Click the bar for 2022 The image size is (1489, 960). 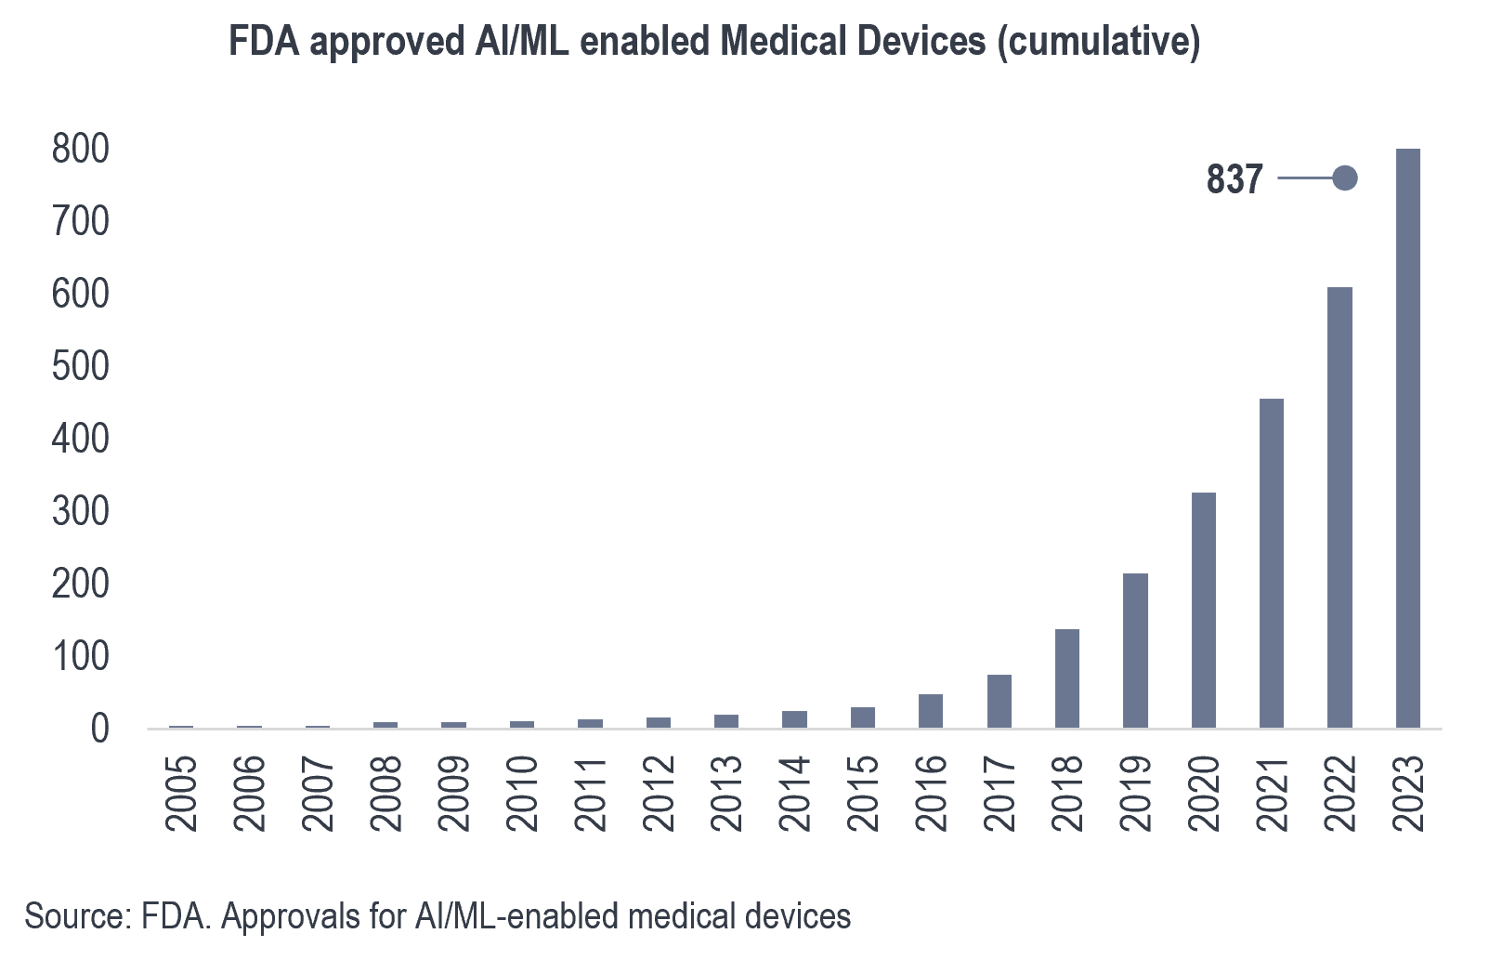point(1339,506)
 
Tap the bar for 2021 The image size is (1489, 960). point(1272,562)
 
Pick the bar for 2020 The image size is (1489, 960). point(1204,610)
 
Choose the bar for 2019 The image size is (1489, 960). point(1135,650)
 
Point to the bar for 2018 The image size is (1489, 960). point(1067,677)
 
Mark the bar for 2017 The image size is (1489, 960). point(999,701)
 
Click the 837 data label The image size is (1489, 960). point(1234,178)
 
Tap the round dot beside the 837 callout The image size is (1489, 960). point(1344,178)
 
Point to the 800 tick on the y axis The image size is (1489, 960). point(80,149)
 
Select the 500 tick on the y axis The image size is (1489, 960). point(80,366)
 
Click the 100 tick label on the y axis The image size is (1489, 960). point(80,657)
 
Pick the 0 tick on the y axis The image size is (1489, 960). point(99,730)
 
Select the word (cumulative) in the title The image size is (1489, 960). point(1098,42)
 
